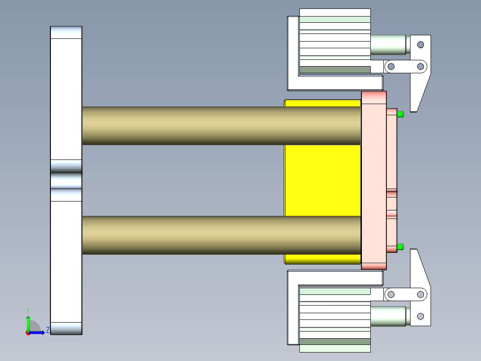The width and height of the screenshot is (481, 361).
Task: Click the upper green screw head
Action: click(x=400, y=113)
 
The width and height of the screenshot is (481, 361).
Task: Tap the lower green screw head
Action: click(x=400, y=247)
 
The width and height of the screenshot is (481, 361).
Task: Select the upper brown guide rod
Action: click(x=221, y=126)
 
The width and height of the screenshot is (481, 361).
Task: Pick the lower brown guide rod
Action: click(x=221, y=235)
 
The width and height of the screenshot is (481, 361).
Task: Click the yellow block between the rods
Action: click(x=322, y=180)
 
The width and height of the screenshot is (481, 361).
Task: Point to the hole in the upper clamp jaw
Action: click(x=420, y=45)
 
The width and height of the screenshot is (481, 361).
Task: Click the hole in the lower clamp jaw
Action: click(x=420, y=316)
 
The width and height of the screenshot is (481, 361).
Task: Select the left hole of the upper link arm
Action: click(x=391, y=67)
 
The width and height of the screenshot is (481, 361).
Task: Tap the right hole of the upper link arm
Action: click(x=420, y=67)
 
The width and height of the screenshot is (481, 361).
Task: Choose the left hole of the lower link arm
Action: click(x=391, y=294)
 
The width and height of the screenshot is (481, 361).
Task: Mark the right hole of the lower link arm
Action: click(x=420, y=294)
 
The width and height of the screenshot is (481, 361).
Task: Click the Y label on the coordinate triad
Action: click(x=28, y=310)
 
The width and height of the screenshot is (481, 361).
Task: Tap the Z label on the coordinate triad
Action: click(x=47, y=331)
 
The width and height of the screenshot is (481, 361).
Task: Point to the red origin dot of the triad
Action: click(x=28, y=333)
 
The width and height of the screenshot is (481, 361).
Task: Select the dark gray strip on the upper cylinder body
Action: click(x=335, y=70)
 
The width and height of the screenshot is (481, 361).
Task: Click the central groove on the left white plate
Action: click(x=66, y=180)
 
